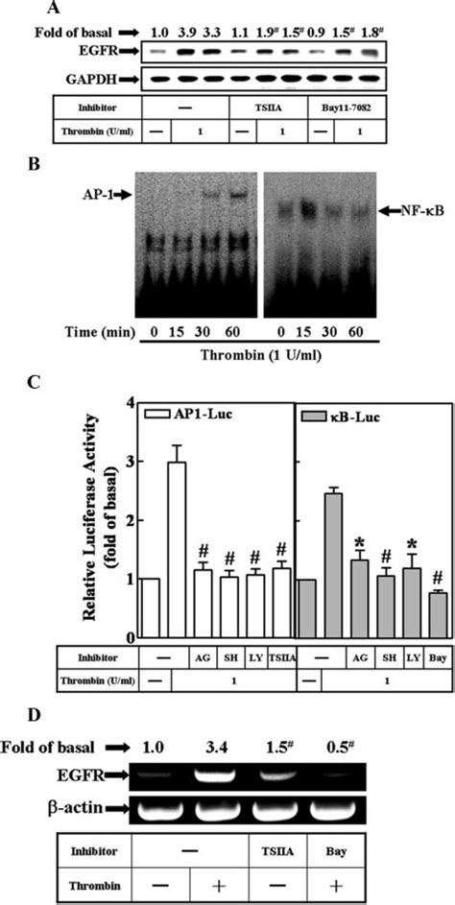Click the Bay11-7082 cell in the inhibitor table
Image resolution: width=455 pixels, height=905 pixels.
pos(359,106)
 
